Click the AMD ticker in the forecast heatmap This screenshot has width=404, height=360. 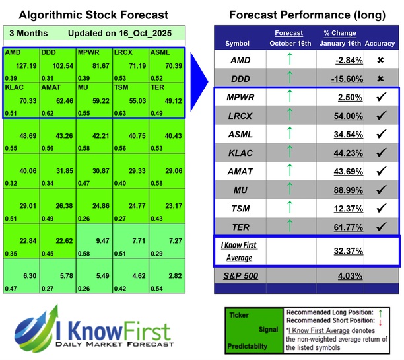click(x=13, y=52)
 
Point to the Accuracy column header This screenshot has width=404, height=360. click(x=380, y=44)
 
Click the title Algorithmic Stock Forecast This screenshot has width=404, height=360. click(x=93, y=15)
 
